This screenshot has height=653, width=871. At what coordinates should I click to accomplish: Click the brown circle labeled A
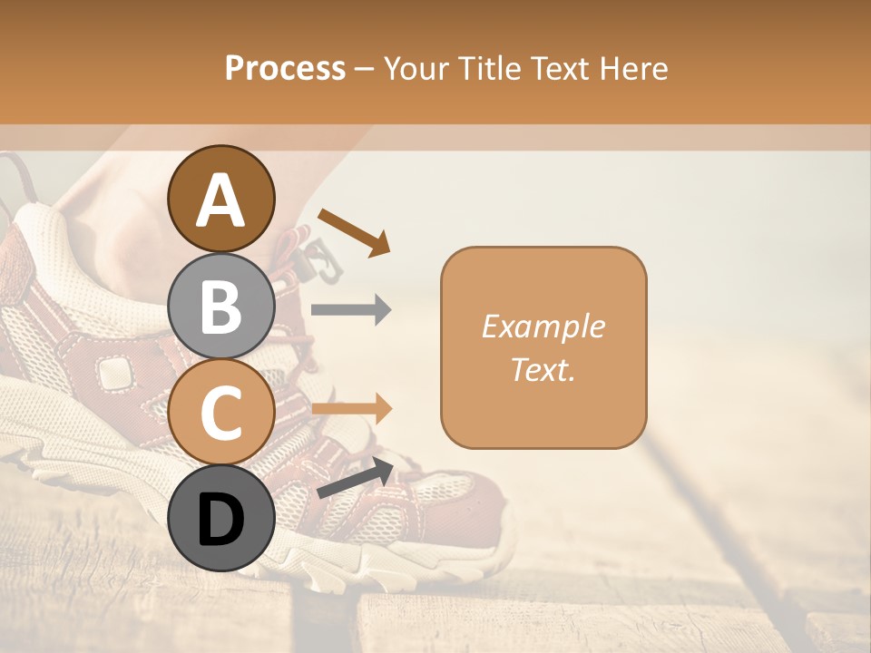click(221, 199)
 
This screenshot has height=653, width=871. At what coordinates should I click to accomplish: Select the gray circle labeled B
click(221, 307)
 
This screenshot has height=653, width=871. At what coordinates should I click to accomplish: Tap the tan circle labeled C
click(221, 413)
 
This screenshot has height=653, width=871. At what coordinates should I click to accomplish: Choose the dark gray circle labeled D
click(221, 518)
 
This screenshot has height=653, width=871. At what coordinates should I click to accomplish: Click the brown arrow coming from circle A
click(353, 231)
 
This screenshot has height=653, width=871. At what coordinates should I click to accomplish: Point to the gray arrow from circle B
click(351, 310)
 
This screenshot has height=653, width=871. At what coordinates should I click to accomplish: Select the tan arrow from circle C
click(351, 409)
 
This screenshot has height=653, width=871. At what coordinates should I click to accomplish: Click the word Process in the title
click(285, 68)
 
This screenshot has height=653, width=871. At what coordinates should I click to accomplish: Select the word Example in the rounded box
click(543, 326)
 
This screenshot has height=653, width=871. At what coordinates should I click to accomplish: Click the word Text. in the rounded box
click(543, 369)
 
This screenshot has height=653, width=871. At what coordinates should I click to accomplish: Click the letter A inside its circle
click(221, 200)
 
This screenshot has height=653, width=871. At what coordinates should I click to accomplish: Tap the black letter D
click(221, 521)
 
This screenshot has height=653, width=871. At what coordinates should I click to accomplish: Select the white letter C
click(221, 414)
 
